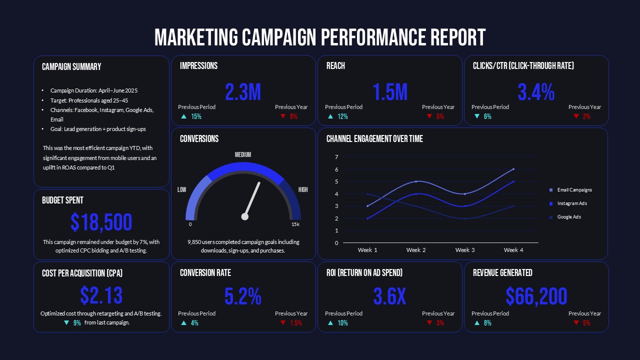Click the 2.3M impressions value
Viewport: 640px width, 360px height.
[243, 92]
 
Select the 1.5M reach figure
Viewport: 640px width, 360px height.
[390, 92]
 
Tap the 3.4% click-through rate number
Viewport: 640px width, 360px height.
[536, 92]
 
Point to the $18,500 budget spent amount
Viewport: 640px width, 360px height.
[101, 222]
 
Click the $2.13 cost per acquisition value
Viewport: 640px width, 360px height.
[101, 296]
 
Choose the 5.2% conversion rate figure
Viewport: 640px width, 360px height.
[243, 297]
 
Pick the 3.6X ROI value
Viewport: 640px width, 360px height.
[390, 297]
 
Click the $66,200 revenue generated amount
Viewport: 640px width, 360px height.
[536, 297]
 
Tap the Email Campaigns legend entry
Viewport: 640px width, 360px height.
[574, 190]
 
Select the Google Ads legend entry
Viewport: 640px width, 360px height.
[568, 217]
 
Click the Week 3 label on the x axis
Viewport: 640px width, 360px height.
[465, 250]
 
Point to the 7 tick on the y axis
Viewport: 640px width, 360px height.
[336, 157]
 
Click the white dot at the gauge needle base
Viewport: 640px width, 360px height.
[245, 216]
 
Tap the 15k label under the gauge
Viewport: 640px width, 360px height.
[295, 224]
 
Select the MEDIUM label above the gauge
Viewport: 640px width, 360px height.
[243, 155]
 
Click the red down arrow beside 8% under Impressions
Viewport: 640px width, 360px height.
[282, 116]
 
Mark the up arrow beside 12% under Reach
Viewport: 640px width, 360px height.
[330, 116]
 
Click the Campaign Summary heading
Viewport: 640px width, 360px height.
[71, 66]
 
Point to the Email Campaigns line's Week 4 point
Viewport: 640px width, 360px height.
[513, 169]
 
